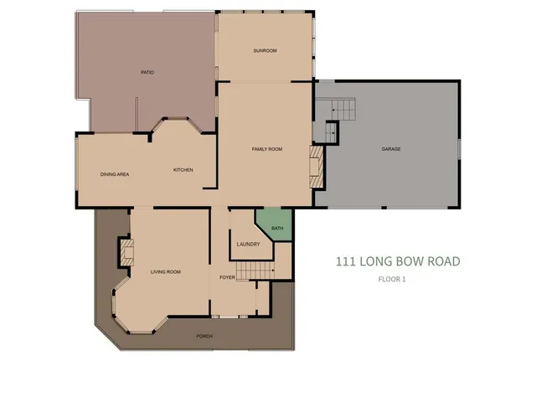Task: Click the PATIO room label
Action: point(147,73)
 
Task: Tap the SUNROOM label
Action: point(265,51)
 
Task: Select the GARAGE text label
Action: point(391,149)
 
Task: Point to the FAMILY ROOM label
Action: point(267,149)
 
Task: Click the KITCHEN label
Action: point(183,170)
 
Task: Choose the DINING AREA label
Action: point(114,174)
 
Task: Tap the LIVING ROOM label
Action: point(166,272)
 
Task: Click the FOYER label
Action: point(227,276)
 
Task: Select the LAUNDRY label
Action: point(248,245)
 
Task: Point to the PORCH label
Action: point(204,336)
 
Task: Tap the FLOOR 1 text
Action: point(391,280)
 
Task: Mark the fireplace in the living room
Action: point(126,251)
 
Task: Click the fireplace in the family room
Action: point(316,168)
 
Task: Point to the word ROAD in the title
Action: point(441,261)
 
